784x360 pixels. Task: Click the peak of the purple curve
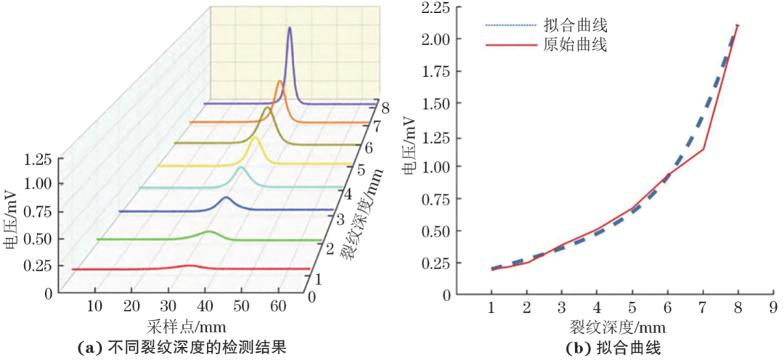(290, 28)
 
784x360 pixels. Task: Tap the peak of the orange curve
(280, 82)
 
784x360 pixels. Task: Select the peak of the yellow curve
(256, 139)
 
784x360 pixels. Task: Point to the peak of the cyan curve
(240, 168)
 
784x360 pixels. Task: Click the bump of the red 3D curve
(189, 266)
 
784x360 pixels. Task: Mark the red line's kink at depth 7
(703, 149)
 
